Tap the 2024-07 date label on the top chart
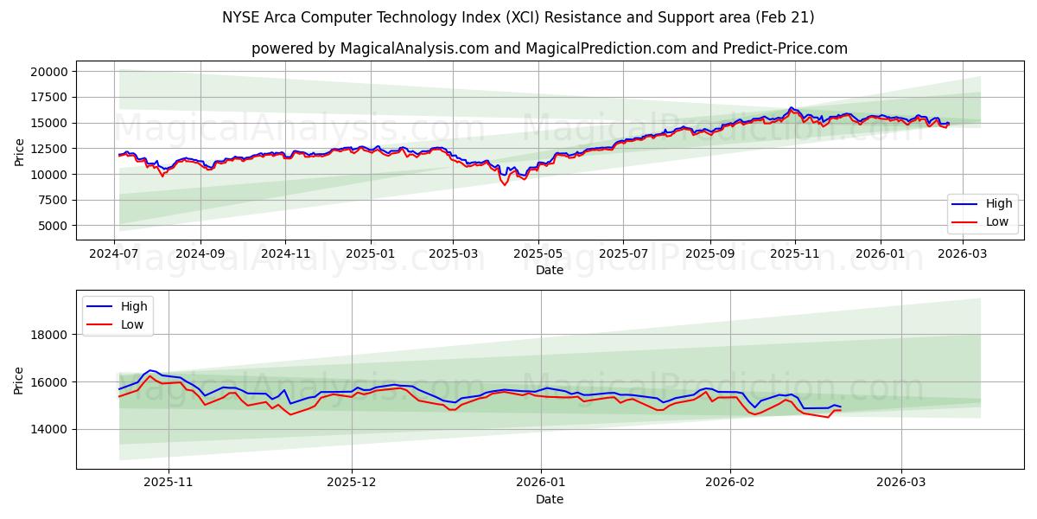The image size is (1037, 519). pos(114,254)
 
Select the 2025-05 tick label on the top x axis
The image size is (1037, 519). pos(538,254)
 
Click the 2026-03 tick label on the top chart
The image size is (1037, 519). pos(963,254)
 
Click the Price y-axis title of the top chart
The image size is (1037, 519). pos(19,151)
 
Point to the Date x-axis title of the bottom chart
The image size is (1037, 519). pos(550,499)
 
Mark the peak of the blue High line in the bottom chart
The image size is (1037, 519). pos(150,370)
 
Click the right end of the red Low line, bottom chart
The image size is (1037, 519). pos(840,410)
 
